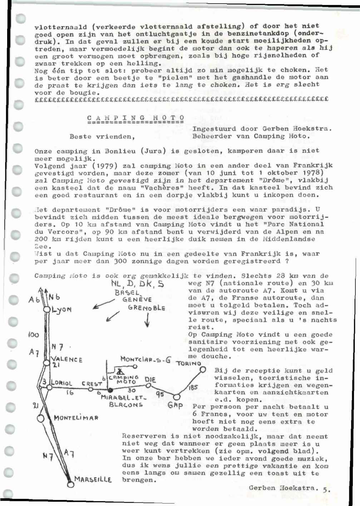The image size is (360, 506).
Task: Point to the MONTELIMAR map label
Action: (x=76, y=417)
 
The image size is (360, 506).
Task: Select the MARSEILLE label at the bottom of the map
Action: (x=93, y=479)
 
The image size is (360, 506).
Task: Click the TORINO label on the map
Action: (x=188, y=363)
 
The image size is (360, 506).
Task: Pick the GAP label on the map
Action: (x=175, y=406)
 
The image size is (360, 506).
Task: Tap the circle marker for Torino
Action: (x=203, y=369)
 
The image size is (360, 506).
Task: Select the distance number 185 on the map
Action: (x=193, y=387)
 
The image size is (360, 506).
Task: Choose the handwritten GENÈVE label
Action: (x=137, y=299)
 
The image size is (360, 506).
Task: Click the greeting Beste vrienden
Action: (x=102, y=136)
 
